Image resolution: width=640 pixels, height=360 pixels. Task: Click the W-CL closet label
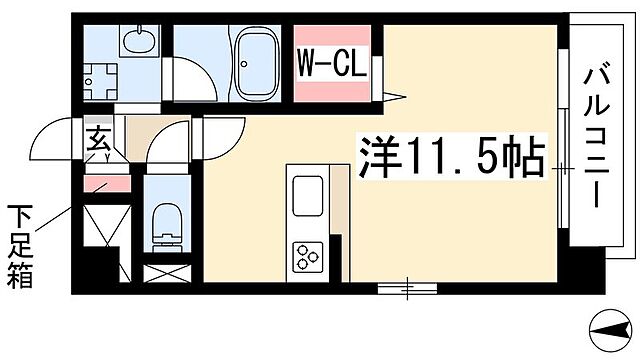coord(330,68)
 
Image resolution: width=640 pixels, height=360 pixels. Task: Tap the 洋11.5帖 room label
coord(450,158)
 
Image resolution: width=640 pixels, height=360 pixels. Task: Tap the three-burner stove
coord(305,256)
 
